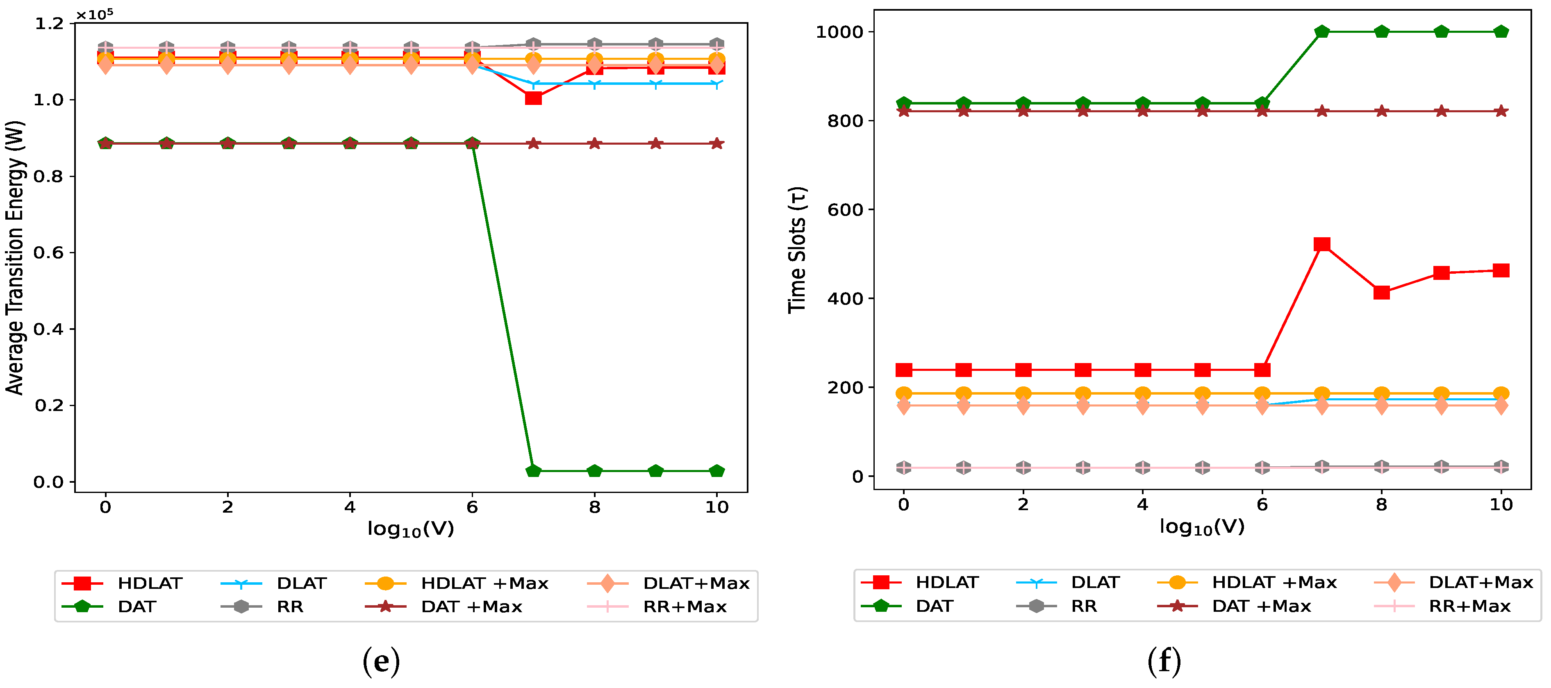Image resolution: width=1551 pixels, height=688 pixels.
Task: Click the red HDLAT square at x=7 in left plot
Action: pos(533,98)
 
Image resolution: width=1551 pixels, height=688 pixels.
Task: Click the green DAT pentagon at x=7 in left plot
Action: pos(533,471)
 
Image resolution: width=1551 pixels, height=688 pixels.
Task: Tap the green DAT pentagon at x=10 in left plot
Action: pos(716,471)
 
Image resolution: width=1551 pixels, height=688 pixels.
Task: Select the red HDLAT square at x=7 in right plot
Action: pos(1321,244)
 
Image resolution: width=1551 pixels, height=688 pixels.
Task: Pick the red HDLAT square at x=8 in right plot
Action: pos(1381,293)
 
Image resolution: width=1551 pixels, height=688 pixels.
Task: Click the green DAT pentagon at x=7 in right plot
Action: pos(1321,31)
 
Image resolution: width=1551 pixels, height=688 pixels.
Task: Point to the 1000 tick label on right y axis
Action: pos(839,32)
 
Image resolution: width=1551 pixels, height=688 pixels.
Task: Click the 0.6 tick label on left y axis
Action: pos(48,253)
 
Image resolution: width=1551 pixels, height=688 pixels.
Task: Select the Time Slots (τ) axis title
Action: pos(797,250)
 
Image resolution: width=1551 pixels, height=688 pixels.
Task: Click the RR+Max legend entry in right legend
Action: pos(1469,606)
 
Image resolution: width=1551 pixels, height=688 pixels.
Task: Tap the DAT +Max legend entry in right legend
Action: pos(1261,606)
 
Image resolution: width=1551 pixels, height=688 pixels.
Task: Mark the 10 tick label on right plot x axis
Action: pos(1501,504)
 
